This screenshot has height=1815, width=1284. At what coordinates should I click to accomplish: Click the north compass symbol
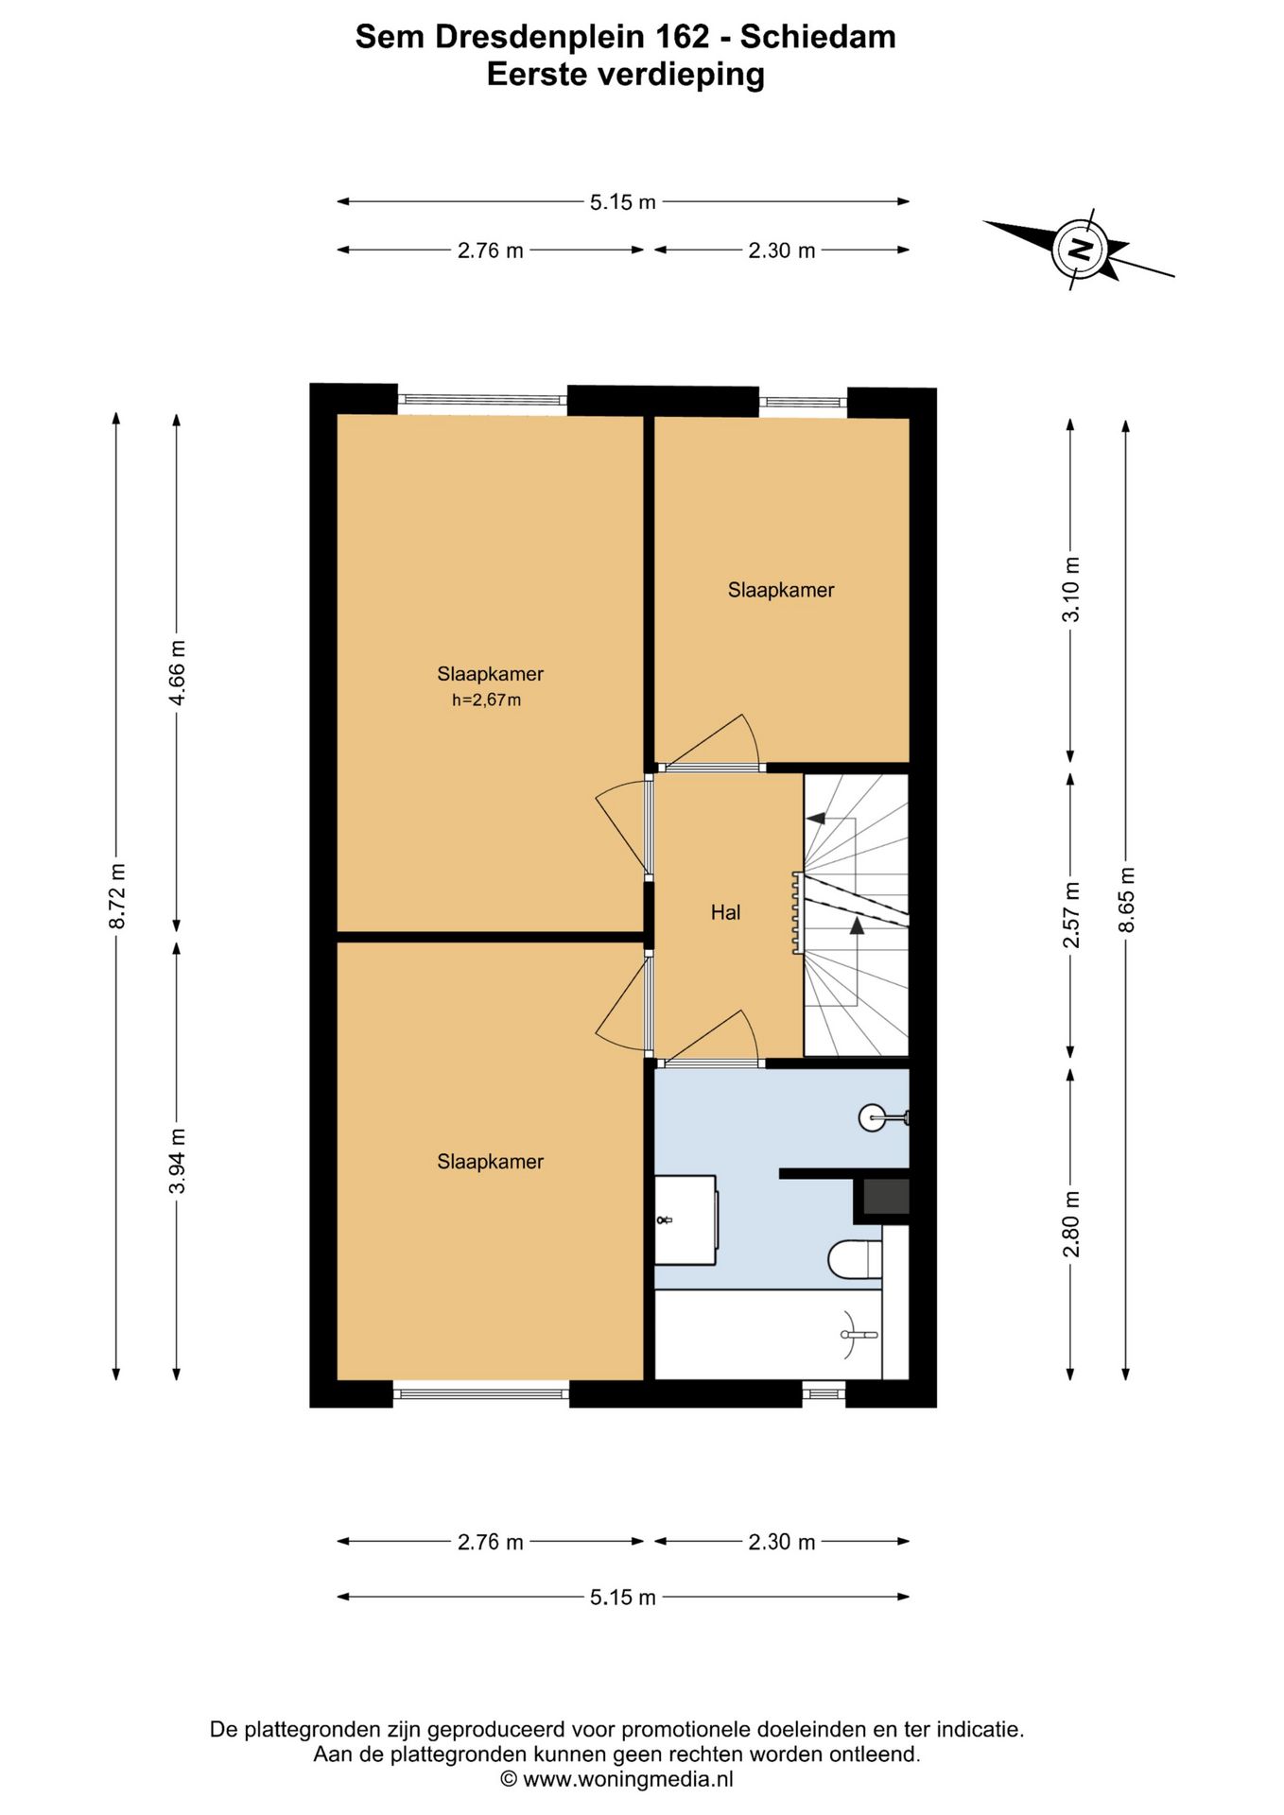[x=1079, y=250]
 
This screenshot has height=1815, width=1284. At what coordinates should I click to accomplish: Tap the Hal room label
[x=725, y=912]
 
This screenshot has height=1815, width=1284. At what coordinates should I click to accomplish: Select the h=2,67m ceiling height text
[x=486, y=700]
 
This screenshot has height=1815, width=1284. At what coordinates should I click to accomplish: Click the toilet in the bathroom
[x=855, y=1259]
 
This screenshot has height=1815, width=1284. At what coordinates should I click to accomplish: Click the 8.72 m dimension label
[x=116, y=896]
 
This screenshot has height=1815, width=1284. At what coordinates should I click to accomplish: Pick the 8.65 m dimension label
[x=1126, y=899]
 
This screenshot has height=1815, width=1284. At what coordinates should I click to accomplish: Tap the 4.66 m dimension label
[x=177, y=672]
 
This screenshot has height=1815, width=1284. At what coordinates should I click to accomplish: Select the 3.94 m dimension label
[x=177, y=1160]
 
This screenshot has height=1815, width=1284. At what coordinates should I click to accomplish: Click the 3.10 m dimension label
[x=1071, y=589]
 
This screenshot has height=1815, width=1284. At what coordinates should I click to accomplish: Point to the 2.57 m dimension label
[x=1071, y=914]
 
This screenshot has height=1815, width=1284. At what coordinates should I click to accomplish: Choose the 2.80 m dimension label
[x=1071, y=1224]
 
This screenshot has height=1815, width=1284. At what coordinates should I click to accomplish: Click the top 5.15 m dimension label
[x=623, y=201]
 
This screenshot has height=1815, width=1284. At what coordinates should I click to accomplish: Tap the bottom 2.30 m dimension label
[x=782, y=1542]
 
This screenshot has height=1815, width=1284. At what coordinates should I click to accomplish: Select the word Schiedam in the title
[x=818, y=37]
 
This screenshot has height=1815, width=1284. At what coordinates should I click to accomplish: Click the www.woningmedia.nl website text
[x=628, y=1779]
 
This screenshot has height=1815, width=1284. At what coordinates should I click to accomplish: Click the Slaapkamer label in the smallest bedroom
[x=781, y=590]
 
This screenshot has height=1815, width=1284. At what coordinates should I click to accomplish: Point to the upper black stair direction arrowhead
[x=815, y=818]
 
